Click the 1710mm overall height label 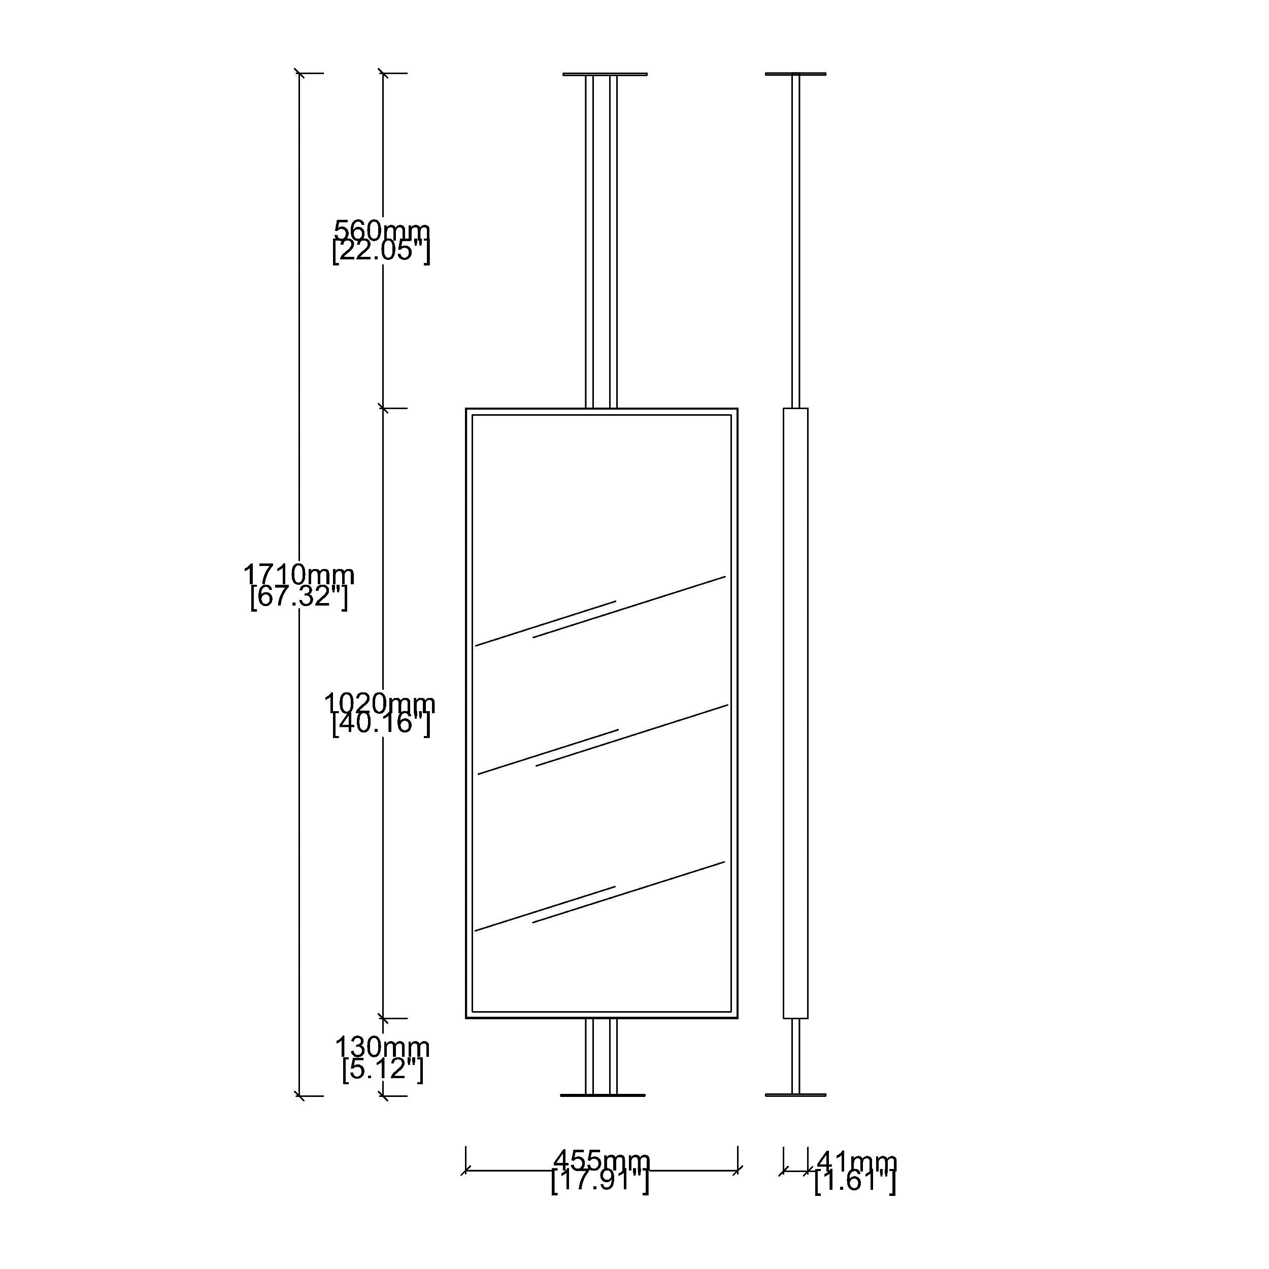299,575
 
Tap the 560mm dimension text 382,230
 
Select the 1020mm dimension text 380,704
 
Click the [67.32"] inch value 299,596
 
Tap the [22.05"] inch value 381,251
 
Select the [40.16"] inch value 381,724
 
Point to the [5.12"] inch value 383,1068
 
